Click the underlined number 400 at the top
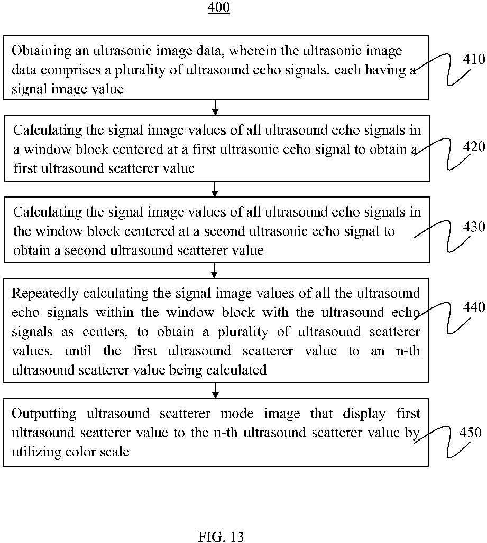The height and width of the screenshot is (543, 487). coord(219,8)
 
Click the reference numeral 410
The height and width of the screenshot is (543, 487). coord(473,59)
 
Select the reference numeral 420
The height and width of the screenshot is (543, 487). coord(473,146)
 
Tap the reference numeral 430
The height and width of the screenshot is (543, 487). coord(473,227)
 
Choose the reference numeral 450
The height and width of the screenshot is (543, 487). coord(471,433)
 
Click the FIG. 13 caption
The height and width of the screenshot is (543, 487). coord(220,537)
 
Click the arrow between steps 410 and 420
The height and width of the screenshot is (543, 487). coord(215,107)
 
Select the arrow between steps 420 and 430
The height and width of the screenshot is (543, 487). coord(215,189)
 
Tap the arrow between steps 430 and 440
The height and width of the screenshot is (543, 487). coord(215,270)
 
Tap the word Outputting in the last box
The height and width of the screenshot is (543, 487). coord(41,413)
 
